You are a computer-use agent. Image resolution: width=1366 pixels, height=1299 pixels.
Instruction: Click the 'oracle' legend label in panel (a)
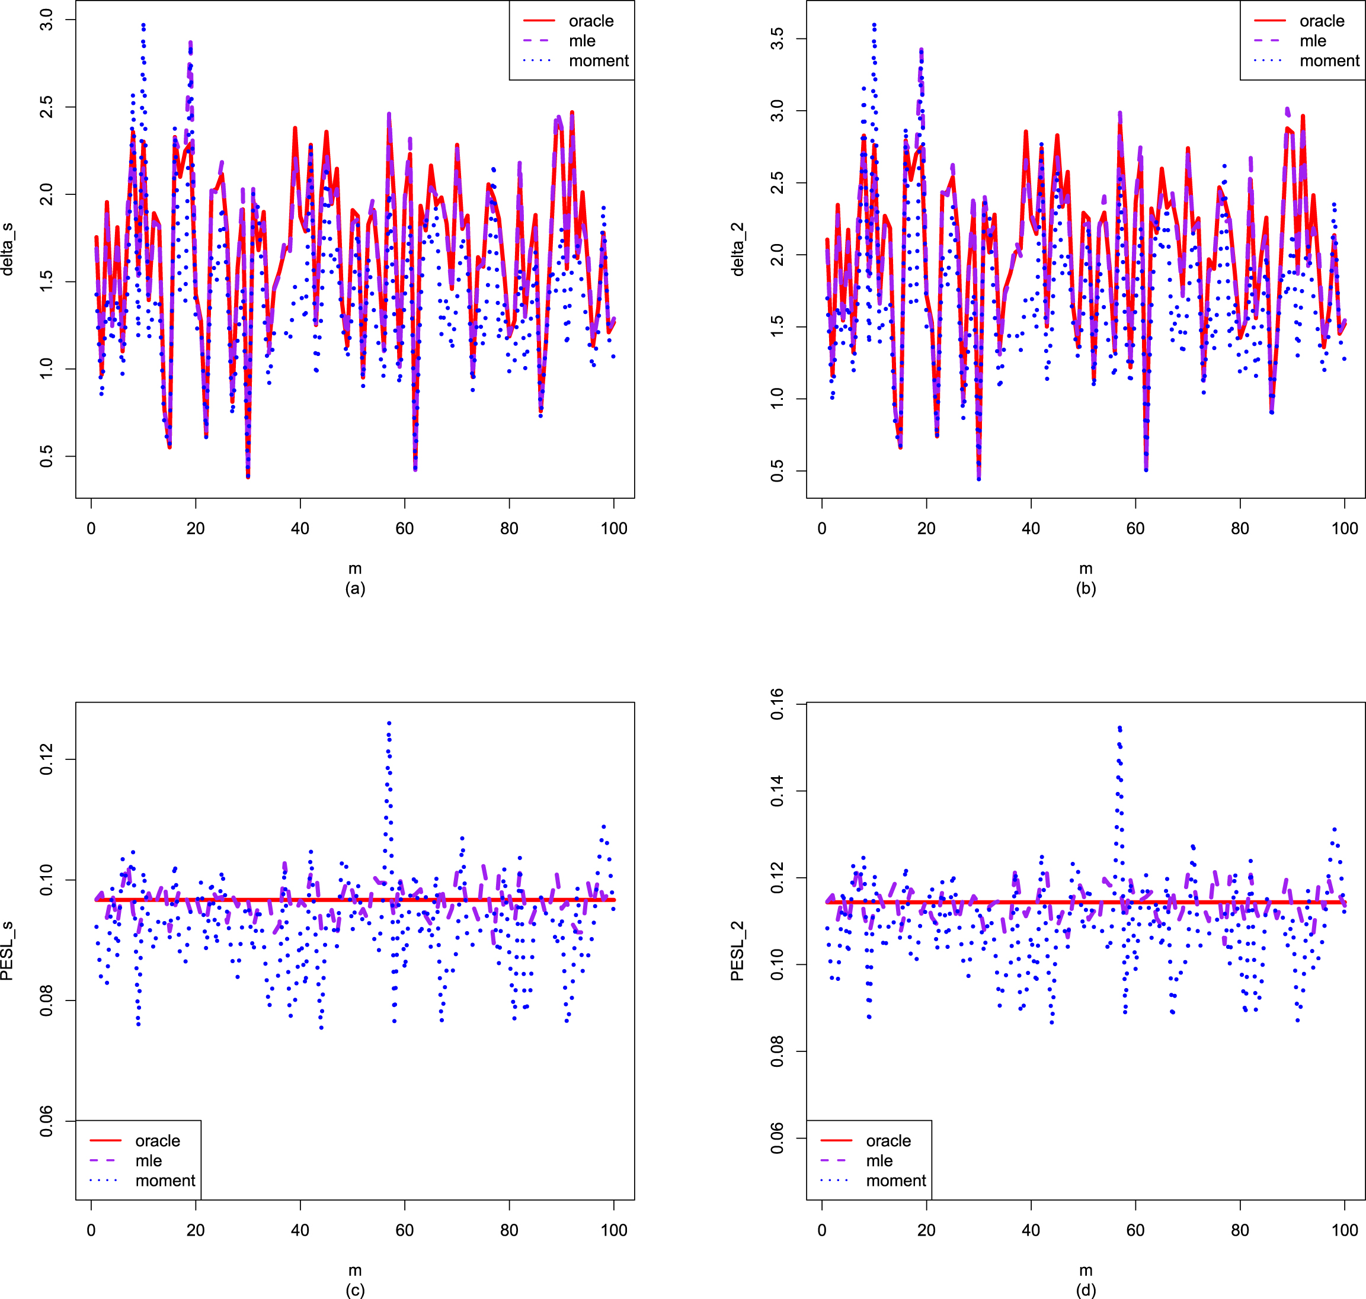pos(591,21)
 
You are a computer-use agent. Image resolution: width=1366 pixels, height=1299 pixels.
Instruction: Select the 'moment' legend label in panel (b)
pos(1329,61)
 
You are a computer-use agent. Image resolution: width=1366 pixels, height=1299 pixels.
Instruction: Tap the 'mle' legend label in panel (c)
pos(148,1160)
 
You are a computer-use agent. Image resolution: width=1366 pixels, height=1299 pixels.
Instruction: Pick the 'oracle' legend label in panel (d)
pos(888,1140)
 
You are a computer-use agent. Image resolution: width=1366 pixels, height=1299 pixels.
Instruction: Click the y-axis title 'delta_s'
pos(8,249)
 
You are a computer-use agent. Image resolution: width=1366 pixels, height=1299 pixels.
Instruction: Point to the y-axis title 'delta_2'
pos(738,249)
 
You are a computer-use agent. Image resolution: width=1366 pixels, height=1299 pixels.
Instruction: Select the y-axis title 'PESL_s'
pos(8,951)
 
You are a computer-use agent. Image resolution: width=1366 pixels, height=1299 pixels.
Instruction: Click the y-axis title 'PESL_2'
pos(738,951)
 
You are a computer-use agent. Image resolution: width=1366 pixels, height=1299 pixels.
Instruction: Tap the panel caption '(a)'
pos(354,589)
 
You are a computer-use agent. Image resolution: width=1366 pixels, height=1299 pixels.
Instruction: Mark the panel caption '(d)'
pos(1086,1290)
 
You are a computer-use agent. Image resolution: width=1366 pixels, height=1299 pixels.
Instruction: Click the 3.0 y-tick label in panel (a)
pos(46,20)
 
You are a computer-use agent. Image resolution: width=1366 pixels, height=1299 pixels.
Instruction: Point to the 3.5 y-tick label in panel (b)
pos(777,39)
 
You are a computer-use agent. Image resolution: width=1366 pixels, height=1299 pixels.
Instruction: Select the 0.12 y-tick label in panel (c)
pos(46,759)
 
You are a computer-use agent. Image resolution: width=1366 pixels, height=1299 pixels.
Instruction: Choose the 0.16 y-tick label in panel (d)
pos(777,704)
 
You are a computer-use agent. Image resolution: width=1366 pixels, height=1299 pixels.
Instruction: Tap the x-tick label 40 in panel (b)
pos(1031,529)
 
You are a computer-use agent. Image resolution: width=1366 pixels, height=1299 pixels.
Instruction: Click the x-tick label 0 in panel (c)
pos(91,1230)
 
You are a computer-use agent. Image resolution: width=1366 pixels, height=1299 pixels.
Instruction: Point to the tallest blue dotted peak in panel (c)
pos(389,723)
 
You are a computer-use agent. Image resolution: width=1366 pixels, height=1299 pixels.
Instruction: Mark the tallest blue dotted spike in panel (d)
pos(1119,728)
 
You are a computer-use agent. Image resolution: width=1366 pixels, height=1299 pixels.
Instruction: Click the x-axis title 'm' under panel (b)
pos(1086,569)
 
